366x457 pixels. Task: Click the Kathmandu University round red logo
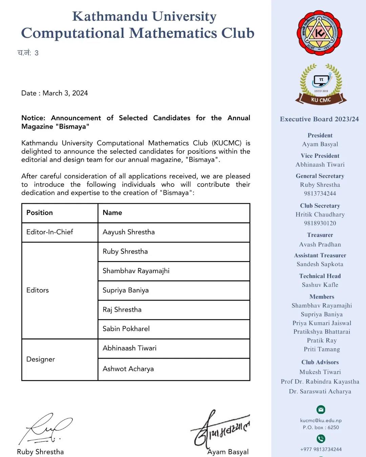tap(319, 33)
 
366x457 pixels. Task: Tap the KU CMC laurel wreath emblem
tap(321, 84)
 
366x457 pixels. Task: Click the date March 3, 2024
tap(65, 93)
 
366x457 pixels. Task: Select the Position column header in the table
tap(40, 213)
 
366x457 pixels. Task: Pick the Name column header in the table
tap(112, 213)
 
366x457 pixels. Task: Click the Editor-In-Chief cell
tap(50, 232)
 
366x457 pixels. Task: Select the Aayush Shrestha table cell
tap(128, 232)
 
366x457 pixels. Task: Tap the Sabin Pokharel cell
tap(126, 329)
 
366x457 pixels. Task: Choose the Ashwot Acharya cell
tap(128, 369)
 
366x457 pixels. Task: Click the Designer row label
tap(41, 359)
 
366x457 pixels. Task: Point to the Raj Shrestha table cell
tap(122, 309)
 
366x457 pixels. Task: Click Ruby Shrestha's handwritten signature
tap(46, 429)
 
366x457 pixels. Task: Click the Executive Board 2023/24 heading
tap(319, 119)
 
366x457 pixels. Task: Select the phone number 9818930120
tap(320, 223)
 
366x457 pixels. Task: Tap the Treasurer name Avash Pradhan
tap(320, 244)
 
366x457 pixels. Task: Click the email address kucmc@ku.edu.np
tap(321, 420)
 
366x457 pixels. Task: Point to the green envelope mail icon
tap(321, 410)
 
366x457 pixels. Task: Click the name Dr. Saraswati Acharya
tap(320, 391)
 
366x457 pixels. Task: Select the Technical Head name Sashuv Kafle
tap(320, 285)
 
